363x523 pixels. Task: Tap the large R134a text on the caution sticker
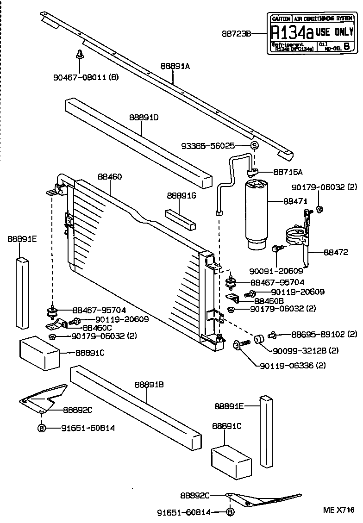coord(292,33)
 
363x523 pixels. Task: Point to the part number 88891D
coord(144,117)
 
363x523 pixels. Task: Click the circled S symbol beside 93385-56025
coord(254,145)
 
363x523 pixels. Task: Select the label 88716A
coord(288,172)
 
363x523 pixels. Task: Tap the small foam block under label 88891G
coord(181,219)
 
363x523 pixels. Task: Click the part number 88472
coord(336,252)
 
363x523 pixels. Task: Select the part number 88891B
coord(149,385)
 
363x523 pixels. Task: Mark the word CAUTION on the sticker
coord(281,19)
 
